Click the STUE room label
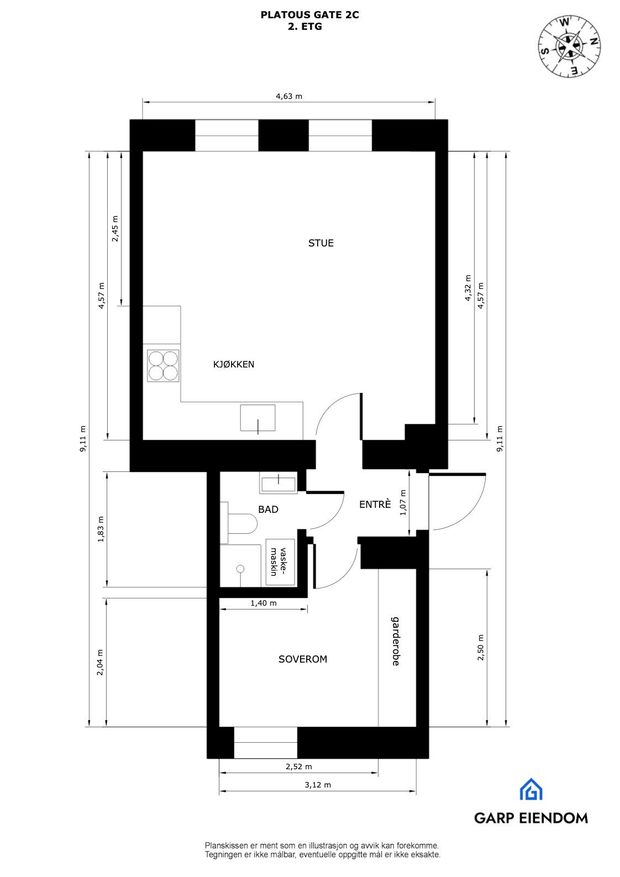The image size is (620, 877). coord(320,243)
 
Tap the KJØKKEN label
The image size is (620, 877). coord(234,364)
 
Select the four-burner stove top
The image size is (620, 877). coord(163,366)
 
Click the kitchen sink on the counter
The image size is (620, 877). coord(258,418)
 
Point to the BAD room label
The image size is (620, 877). coord(268,510)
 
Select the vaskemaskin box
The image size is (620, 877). coord(281,561)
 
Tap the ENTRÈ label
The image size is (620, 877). coord(375,505)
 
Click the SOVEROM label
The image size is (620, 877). coord(303,659)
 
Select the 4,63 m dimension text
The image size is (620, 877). coord(289,96)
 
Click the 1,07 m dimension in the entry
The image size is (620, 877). coord(403,502)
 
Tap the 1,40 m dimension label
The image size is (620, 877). coord(263,603)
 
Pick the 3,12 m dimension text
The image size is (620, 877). coord(318,785)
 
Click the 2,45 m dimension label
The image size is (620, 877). coord(115,228)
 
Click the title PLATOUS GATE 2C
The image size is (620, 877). coord(309,15)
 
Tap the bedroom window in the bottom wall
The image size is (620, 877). coord(266,742)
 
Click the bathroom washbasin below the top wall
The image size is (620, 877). coord(279,483)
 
